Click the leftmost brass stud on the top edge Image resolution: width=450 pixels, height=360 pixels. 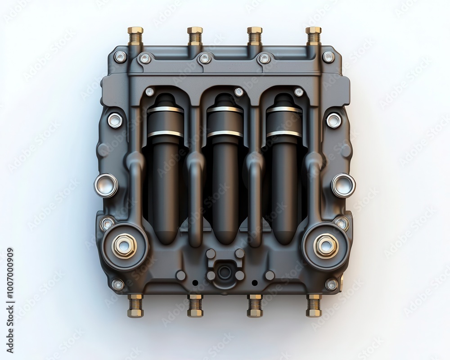point(135,35)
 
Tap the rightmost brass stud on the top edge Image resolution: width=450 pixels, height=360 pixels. point(314,35)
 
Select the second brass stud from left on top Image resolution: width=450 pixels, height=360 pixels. point(195,35)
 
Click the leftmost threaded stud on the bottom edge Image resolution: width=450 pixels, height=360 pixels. point(135,306)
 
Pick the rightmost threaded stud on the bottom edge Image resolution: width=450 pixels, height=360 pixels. point(314,306)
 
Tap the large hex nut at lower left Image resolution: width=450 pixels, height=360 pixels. point(124,246)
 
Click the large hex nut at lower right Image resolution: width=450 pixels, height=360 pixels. point(326,246)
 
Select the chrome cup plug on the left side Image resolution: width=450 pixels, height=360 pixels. point(106,185)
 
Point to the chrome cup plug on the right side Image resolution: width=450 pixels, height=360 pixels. point(343,185)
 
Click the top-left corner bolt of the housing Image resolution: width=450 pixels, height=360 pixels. point(120,57)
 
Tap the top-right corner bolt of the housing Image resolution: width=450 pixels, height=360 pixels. point(329,57)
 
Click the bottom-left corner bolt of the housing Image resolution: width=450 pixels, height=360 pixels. point(118,284)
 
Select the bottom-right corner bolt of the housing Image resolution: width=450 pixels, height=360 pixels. point(332,284)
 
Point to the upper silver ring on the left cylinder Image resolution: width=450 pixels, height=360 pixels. point(165,109)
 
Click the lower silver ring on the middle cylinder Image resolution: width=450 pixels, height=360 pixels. point(225,133)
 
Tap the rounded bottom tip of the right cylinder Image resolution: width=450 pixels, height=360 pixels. point(284,238)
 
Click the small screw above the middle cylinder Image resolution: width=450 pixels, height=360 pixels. point(239,92)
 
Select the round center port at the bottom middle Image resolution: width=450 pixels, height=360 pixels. point(225,271)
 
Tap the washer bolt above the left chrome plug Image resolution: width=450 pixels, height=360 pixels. point(115,120)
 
